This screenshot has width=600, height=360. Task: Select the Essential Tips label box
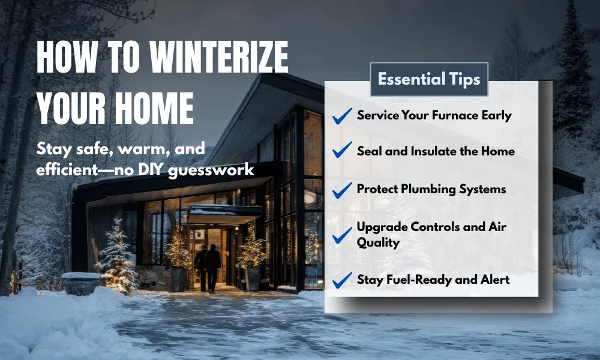pos(429,79)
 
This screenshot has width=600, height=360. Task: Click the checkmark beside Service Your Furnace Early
pos(342,116)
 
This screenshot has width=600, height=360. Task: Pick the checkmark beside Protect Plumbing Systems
pos(342,190)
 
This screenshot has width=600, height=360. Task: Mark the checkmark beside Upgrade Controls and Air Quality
pos(342,235)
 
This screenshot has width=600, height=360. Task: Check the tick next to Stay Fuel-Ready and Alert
pos(342,280)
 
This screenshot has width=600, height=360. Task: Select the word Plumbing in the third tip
pos(430,189)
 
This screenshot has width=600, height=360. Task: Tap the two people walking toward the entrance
pos(208,266)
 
